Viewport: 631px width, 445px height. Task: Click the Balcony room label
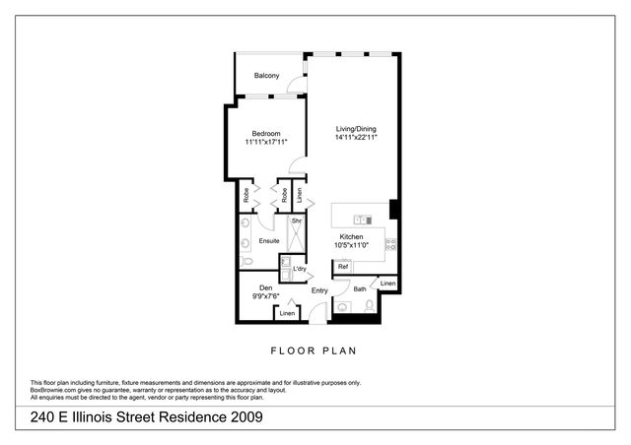[x=266, y=76]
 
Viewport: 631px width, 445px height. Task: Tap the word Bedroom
[x=266, y=134]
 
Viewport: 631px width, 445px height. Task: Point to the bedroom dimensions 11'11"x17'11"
[x=266, y=143]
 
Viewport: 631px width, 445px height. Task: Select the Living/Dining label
[x=356, y=129]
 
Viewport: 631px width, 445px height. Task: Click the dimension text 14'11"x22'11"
[x=356, y=138]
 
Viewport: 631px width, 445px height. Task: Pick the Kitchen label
[x=353, y=237]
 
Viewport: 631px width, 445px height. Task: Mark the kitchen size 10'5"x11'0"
[x=353, y=246]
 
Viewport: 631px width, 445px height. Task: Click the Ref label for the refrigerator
[x=343, y=267]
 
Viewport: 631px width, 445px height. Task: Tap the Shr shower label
[x=295, y=222]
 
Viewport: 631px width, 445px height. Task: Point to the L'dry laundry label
[x=299, y=269]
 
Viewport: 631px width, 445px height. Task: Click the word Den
[x=266, y=287]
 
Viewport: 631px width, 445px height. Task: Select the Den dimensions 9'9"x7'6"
[x=266, y=296]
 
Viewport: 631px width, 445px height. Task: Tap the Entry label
[x=319, y=291]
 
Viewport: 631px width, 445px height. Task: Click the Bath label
[x=360, y=289]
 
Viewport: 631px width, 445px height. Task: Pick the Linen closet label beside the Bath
[x=387, y=284]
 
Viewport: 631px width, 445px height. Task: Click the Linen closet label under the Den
[x=287, y=313]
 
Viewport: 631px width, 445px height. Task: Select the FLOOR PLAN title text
[x=315, y=350]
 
